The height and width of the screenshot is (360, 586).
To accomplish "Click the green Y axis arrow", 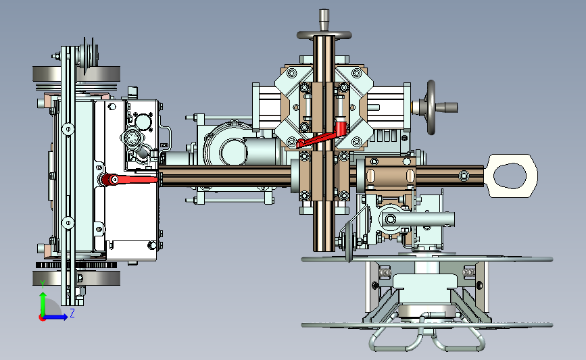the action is [43, 303].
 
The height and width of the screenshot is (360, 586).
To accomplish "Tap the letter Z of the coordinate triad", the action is [72, 313].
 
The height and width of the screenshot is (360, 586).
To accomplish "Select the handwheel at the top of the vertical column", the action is [324, 35].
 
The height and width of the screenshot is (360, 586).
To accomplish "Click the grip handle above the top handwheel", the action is [324, 20].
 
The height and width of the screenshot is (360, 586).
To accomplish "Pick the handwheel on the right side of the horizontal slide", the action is [431, 107].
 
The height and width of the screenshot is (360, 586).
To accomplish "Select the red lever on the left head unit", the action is [129, 180].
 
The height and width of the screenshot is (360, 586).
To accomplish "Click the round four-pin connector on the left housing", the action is [130, 138].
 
